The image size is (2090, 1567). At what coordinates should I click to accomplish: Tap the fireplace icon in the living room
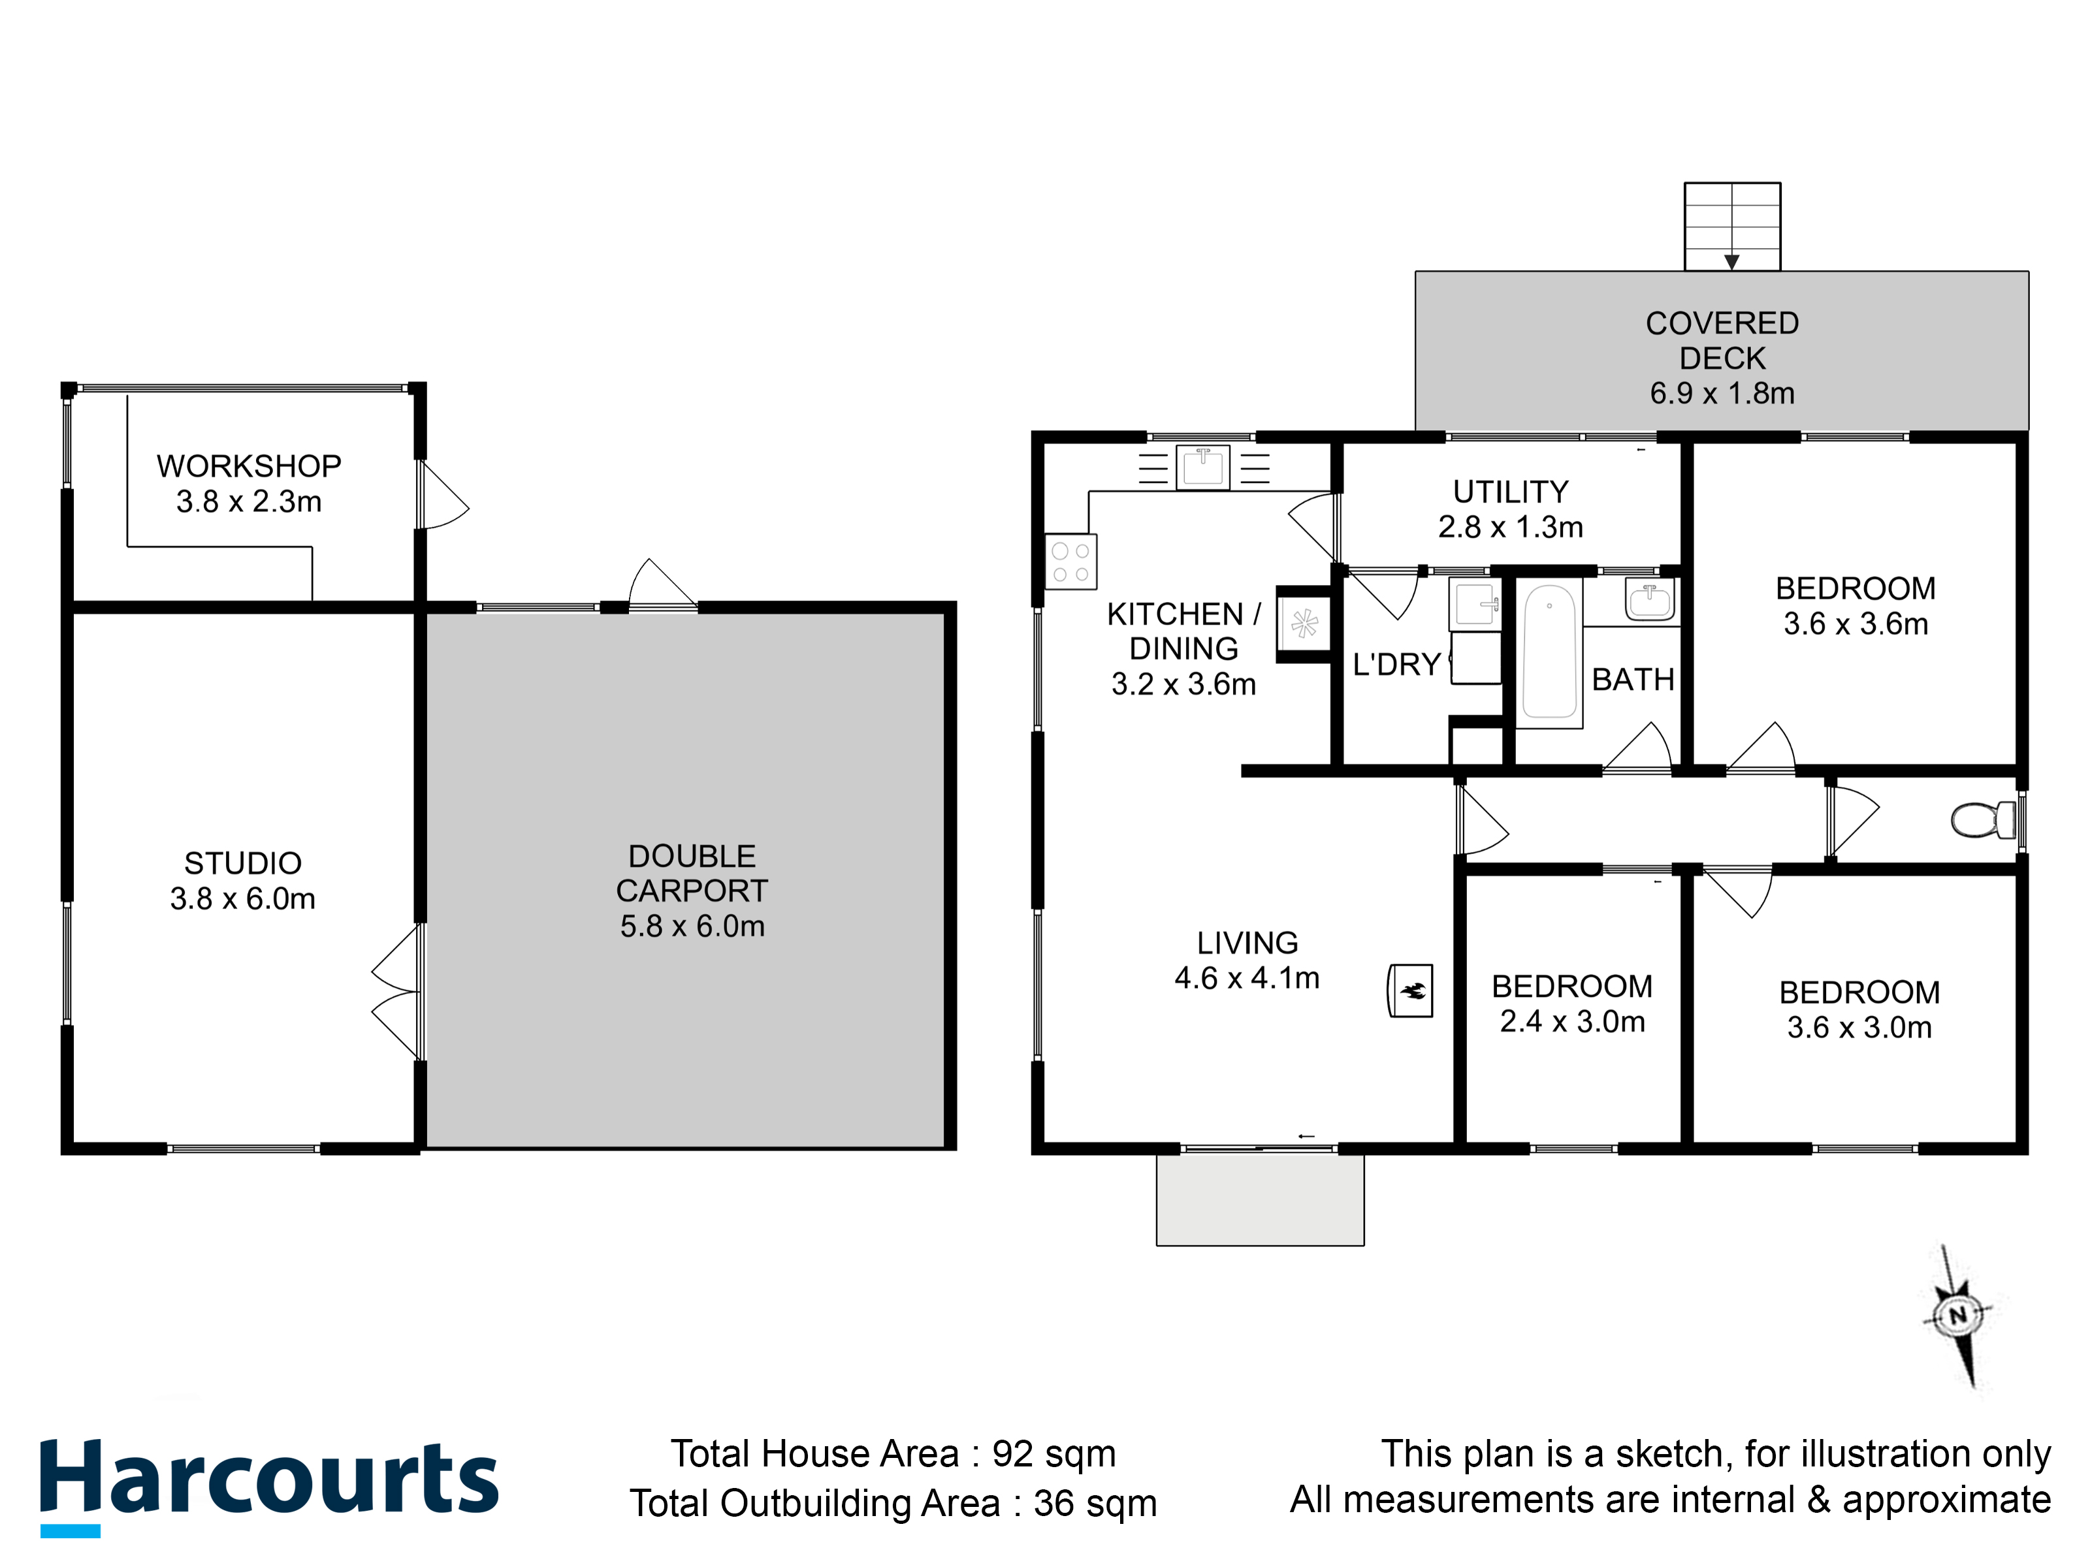click(x=1409, y=990)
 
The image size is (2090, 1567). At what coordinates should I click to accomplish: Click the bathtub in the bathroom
click(x=1550, y=652)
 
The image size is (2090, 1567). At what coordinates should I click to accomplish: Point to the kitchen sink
click(x=1203, y=467)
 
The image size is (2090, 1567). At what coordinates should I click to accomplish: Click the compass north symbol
click(x=1957, y=1316)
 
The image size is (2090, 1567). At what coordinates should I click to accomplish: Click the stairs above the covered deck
click(x=1732, y=227)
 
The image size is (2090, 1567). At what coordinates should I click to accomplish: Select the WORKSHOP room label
click(x=248, y=466)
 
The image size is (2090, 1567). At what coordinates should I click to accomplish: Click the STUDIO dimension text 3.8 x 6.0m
click(x=243, y=898)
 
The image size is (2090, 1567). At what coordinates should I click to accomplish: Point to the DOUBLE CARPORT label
click(x=692, y=873)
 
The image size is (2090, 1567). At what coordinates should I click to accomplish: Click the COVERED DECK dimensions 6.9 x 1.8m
click(x=1722, y=393)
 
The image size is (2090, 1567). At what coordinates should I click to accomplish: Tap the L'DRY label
click(x=1396, y=664)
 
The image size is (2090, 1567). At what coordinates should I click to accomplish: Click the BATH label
click(x=1633, y=679)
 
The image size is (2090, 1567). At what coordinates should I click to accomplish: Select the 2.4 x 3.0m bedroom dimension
click(x=1572, y=1021)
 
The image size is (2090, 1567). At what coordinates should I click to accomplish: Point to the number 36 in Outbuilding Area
click(x=1054, y=1503)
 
